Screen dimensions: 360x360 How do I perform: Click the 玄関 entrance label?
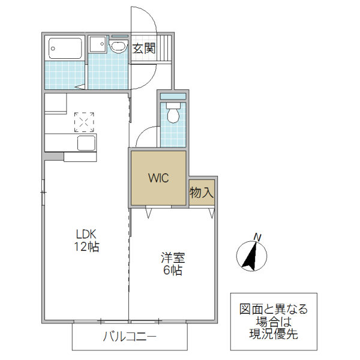click(x=144, y=49)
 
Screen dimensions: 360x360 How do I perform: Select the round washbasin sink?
click(x=118, y=47)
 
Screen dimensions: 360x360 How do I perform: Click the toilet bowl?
click(x=173, y=115)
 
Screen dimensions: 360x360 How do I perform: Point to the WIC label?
click(x=159, y=178)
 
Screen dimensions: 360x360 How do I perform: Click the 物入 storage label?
click(x=202, y=193)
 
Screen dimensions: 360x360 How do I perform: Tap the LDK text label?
click(x=86, y=234)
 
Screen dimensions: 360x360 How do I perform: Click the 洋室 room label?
click(x=172, y=259)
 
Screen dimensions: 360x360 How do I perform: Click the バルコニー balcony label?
click(x=130, y=337)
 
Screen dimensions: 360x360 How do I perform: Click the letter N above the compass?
click(x=257, y=238)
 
